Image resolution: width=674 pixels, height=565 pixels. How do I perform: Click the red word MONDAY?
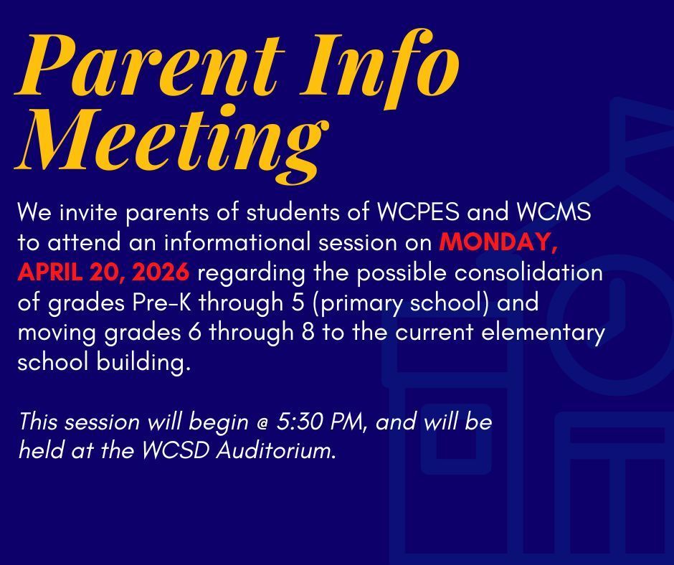tap(498, 243)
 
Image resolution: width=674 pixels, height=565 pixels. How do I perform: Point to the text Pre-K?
tap(161, 303)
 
